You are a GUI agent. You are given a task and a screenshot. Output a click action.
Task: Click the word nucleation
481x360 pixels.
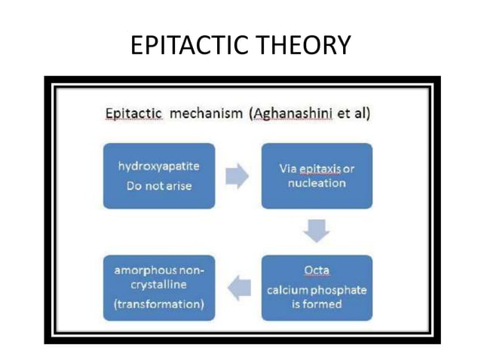[x=317, y=183]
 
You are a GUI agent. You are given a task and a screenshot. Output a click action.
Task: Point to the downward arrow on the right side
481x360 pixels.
[x=317, y=231]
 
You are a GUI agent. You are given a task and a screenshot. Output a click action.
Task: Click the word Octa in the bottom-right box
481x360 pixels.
[x=317, y=269]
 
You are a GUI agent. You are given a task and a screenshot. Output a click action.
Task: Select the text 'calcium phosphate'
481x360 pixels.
[x=317, y=290]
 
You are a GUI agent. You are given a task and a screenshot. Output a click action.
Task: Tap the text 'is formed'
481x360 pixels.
[x=317, y=304]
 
